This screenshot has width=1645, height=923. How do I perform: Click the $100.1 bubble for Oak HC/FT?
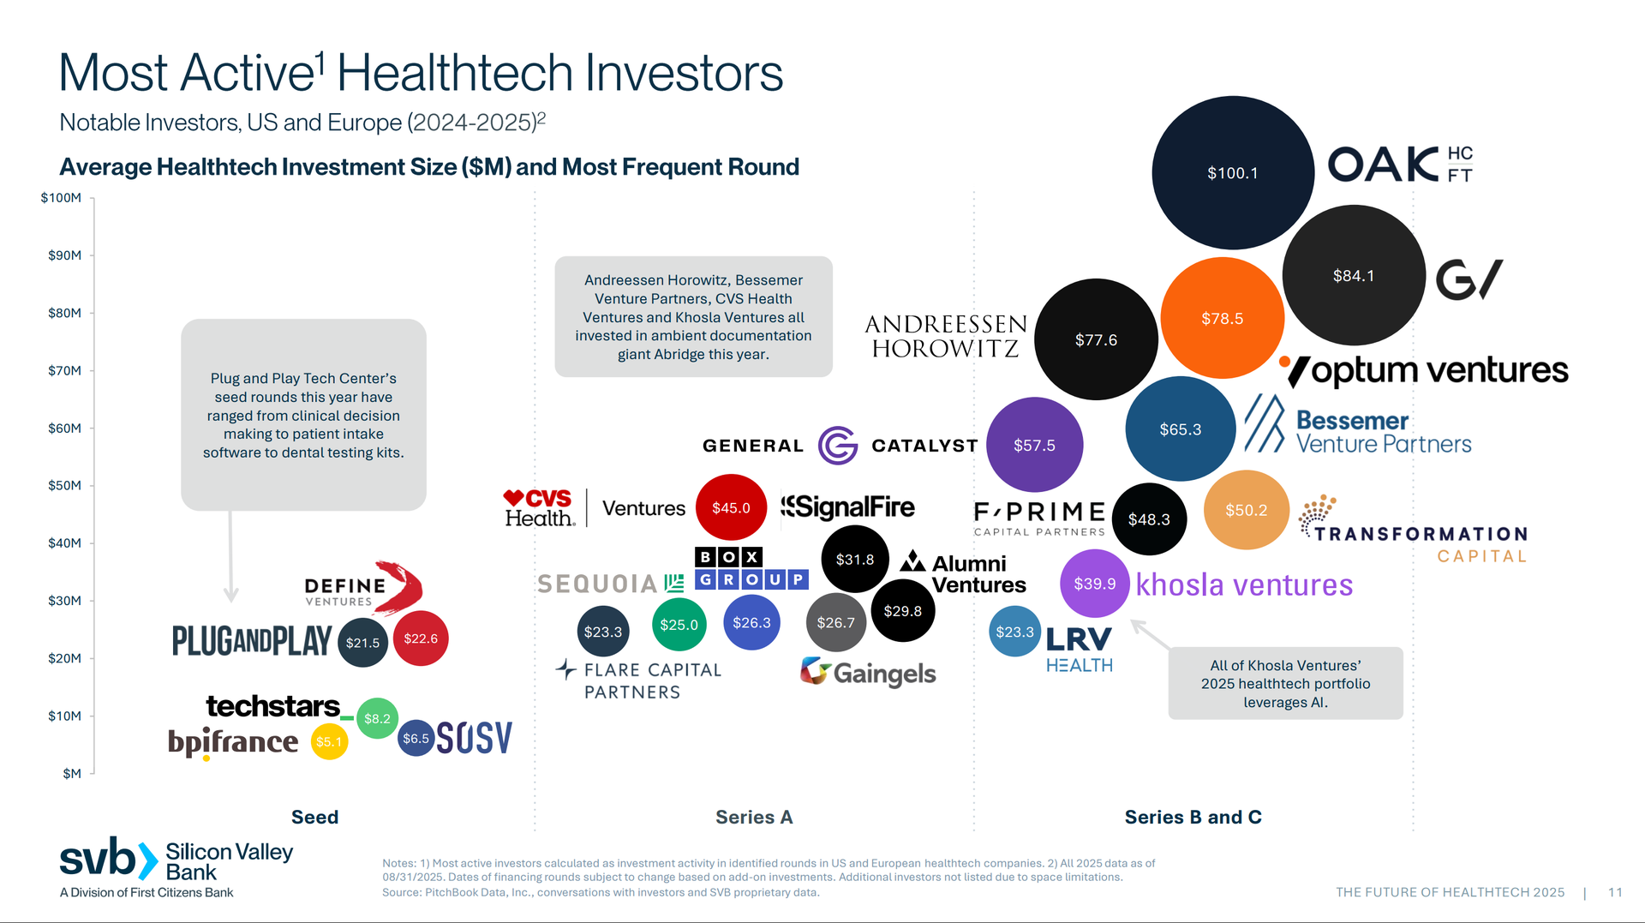tap(1233, 172)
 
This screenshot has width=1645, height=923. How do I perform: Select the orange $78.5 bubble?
tap(1222, 318)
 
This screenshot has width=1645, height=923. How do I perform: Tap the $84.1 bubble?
tap(1354, 275)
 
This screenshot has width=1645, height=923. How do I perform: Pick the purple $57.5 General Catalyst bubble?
tap(1034, 445)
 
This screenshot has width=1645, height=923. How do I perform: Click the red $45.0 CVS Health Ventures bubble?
tap(731, 507)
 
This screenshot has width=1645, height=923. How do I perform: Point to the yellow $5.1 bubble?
tap(329, 741)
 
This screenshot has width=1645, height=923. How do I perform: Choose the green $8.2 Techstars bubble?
tap(377, 718)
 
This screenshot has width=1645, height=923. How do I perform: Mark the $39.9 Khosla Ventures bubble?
tap(1094, 584)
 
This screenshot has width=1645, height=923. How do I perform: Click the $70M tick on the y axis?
tap(64, 370)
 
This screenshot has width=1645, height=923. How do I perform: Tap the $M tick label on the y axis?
tap(72, 773)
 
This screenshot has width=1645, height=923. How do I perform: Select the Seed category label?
tap(314, 817)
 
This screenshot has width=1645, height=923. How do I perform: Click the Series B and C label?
tap(1193, 817)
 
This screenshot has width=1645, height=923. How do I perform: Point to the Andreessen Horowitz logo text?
tap(945, 336)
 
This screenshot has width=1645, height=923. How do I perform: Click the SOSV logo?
tap(474, 737)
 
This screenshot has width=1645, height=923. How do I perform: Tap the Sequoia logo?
tap(610, 584)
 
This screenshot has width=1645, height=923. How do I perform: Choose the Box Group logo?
tap(751, 568)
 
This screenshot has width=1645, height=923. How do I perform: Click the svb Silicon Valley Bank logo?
tap(176, 860)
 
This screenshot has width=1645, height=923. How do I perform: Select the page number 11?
tap(1615, 892)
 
